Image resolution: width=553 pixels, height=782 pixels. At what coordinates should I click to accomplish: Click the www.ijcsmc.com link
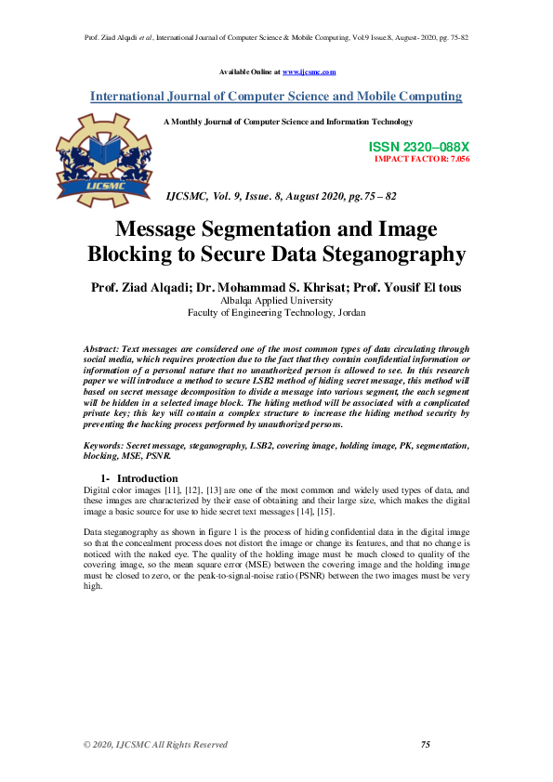[x=309, y=72]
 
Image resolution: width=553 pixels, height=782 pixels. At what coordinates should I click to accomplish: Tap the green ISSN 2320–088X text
[x=419, y=148]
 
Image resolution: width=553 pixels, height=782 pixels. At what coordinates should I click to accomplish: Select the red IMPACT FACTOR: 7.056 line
[x=421, y=159]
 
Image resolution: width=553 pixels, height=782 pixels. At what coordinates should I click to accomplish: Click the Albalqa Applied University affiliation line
[x=276, y=301]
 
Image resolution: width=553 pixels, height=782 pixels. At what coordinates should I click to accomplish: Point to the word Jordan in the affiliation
[x=349, y=314]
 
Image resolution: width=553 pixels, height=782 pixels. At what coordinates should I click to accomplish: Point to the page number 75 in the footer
[x=427, y=744]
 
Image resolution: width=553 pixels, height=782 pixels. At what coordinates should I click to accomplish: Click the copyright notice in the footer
[x=155, y=744]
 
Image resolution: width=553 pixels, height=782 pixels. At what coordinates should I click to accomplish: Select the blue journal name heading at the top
[x=276, y=96]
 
